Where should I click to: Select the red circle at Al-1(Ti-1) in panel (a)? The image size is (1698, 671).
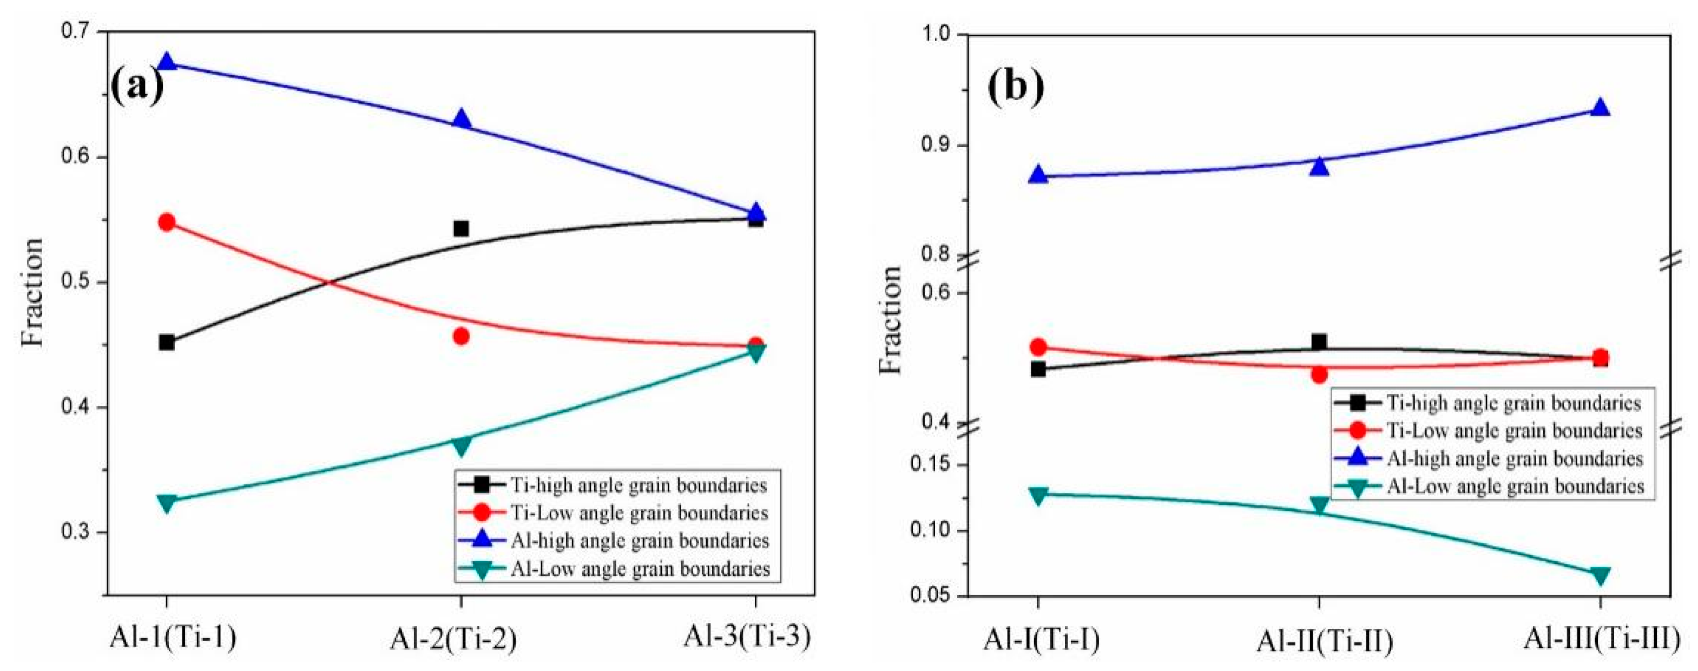tap(167, 222)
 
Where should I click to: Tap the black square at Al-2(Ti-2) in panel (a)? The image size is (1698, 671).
tap(460, 229)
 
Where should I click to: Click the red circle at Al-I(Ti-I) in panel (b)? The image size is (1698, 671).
tap(1038, 347)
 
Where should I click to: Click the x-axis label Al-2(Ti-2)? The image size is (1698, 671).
tap(453, 640)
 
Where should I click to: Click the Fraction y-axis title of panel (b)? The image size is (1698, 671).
tap(891, 320)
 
